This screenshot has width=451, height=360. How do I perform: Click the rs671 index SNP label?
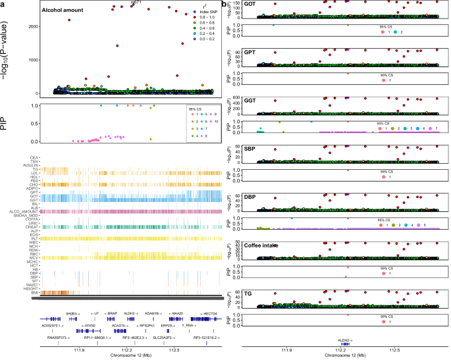(136, 3)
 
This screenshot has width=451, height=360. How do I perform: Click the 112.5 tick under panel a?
(174, 350)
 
